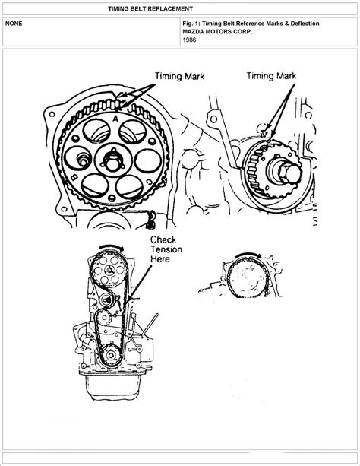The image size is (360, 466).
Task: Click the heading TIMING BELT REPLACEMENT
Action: [x=150, y=8]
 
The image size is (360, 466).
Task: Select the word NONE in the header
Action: [x=14, y=24]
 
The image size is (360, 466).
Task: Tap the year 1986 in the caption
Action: [x=190, y=40]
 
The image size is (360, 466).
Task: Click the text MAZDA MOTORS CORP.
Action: [x=217, y=31]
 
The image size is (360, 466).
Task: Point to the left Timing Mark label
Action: [x=179, y=76]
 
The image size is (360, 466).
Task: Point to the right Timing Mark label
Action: [x=271, y=76]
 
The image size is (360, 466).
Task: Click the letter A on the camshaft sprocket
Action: [x=115, y=119]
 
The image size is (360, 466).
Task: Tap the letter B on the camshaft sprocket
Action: [x=74, y=178]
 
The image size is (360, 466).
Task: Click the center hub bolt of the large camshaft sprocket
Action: [x=112, y=161]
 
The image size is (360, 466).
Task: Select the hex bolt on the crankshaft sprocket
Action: [x=289, y=173]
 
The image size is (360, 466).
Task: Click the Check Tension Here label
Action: [x=166, y=249]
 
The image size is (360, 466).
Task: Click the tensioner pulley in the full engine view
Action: [x=106, y=300]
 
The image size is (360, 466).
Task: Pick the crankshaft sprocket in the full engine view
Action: [x=111, y=354]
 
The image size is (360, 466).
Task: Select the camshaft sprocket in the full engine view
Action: [x=109, y=269]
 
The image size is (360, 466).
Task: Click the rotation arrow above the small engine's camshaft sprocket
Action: [x=111, y=247]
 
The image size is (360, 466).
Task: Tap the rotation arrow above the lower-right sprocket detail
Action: [x=248, y=255]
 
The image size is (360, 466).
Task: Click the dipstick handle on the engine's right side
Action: [x=150, y=325]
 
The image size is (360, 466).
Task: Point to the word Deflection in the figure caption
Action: [x=305, y=24]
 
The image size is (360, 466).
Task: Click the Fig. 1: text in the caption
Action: [x=191, y=24]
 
